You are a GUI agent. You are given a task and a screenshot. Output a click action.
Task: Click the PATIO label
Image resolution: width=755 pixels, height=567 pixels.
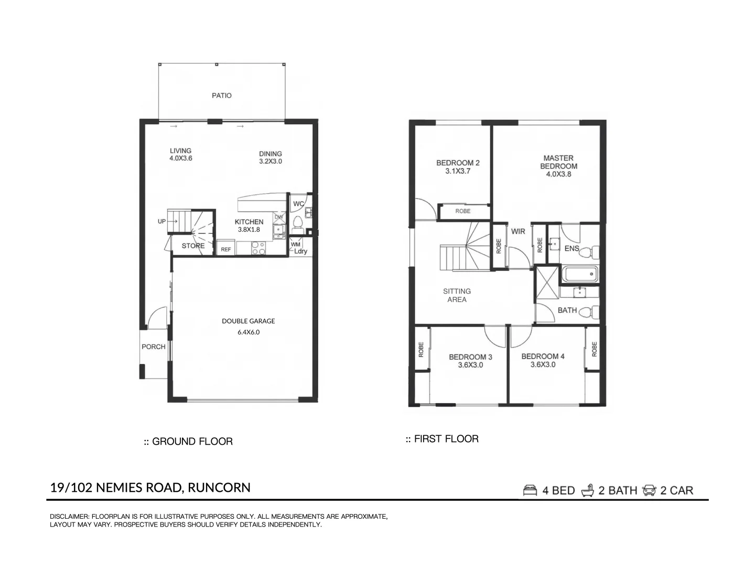pyautogui.click(x=221, y=96)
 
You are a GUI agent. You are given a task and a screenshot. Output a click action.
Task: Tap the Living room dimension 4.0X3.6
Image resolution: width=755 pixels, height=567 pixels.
pyautogui.click(x=180, y=158)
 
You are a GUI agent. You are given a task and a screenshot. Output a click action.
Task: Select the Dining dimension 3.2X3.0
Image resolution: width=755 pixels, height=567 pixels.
pyautogui.click(x=270, y=161)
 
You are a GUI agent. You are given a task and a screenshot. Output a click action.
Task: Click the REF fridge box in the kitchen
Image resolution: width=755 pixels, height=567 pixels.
pyautogui.click(x=225, y=249)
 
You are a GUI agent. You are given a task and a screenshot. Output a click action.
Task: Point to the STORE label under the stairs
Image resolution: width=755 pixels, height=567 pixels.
pyautogui.click(x=193, y=246)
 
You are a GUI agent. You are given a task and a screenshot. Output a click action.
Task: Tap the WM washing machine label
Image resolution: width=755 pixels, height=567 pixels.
pyautogui.click(x=295, y=244)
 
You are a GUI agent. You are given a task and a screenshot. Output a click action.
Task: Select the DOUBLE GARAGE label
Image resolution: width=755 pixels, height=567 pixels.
pyautogui.click(x=248, y=321)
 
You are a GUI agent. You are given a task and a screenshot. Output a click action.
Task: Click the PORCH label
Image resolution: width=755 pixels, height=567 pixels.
pyautogui.click(x=153, y=346)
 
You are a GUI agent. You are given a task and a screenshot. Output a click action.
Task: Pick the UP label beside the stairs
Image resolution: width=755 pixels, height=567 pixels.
pyautogui.click(x=161, y=222)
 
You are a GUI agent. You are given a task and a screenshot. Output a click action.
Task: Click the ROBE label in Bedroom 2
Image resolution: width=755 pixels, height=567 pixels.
pyautogui.click(x=462, y=211)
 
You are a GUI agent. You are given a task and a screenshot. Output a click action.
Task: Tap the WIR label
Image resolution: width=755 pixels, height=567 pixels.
pyautogui.click(x=518, y=232)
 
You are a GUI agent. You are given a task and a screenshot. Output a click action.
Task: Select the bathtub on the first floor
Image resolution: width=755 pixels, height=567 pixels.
pyautogui.click(x=579, y=274)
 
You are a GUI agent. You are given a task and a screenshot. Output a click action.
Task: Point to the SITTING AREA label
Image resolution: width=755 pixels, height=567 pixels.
pyautogui.click(x=457, y=295)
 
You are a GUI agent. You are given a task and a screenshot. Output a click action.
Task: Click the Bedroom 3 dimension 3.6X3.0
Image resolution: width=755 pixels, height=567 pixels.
pyautogui.click(x=470, y=365)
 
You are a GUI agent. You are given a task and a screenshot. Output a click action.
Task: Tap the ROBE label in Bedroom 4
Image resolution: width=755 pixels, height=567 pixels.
pyautogui.click(x=594, y=349)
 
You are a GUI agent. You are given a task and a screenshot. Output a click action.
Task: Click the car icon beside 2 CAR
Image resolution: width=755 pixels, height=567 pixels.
pyautogui.click(x=649, y=490)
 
